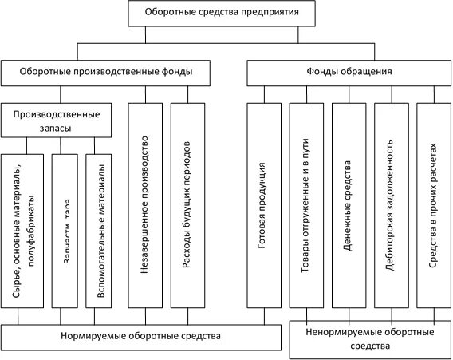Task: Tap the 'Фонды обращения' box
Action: coord(348,73)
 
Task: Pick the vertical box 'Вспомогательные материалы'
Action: coord(101,231)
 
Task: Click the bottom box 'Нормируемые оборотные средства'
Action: coord(140,337)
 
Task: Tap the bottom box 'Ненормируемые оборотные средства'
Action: coord(368,339)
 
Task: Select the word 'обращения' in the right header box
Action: coord(369,73)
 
